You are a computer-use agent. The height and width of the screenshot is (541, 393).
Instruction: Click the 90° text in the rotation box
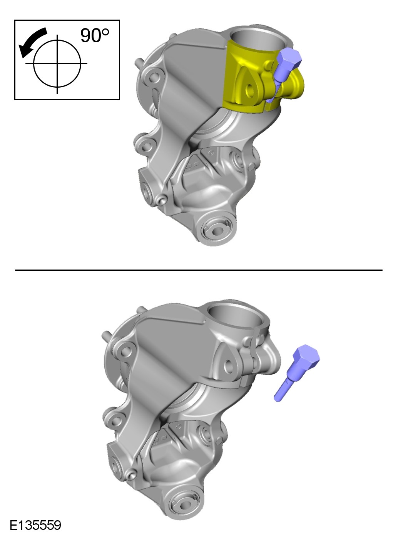[x=95, y=35]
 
